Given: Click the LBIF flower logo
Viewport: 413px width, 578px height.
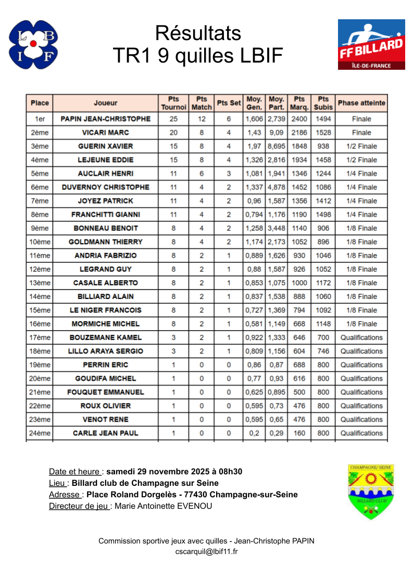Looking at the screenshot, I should coord(33,45).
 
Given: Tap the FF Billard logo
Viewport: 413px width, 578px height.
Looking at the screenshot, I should coord(371,45).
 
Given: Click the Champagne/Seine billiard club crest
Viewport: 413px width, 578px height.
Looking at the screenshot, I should coord(370,492).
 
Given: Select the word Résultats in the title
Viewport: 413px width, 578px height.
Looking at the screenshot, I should coord(198,33).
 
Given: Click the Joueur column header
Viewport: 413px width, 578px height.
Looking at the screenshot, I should coord(106,103).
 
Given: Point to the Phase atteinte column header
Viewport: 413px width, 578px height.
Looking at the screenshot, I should coord(361,103).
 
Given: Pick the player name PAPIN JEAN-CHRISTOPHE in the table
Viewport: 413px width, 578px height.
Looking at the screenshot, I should coord(106,119).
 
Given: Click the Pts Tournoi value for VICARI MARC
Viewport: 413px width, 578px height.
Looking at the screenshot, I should coord(173,133).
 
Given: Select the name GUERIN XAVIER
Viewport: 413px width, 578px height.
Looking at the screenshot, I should coord(106,146).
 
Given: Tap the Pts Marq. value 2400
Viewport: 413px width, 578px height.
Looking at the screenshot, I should coord(299,119).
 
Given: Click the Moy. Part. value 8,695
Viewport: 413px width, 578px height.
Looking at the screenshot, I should coord(276,146).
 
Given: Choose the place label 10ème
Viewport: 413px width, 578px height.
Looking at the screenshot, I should coord(40,242).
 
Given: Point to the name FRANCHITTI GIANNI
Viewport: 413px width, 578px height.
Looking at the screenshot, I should coord(106,215).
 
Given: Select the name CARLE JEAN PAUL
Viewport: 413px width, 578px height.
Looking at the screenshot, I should coord(106,433).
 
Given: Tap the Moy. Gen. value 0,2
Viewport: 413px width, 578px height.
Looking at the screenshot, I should coord(254,433).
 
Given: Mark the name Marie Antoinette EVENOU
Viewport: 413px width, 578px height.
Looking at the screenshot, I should coord(163,506).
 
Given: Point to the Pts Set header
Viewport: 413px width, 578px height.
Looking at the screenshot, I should coord(229,103).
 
